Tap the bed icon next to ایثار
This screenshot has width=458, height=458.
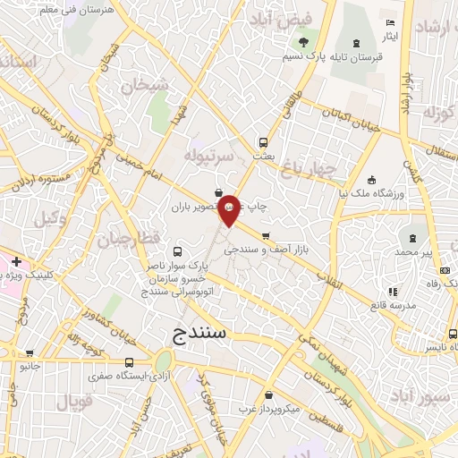click(x=389, y=22)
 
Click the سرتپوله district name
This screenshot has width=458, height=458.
click(x=209, y=156)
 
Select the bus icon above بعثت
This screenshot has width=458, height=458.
click(x=263, y=141)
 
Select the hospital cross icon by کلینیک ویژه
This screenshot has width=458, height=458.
click(x=16, y=260)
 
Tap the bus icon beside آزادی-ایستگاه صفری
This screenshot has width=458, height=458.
click(x=131, y=362)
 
